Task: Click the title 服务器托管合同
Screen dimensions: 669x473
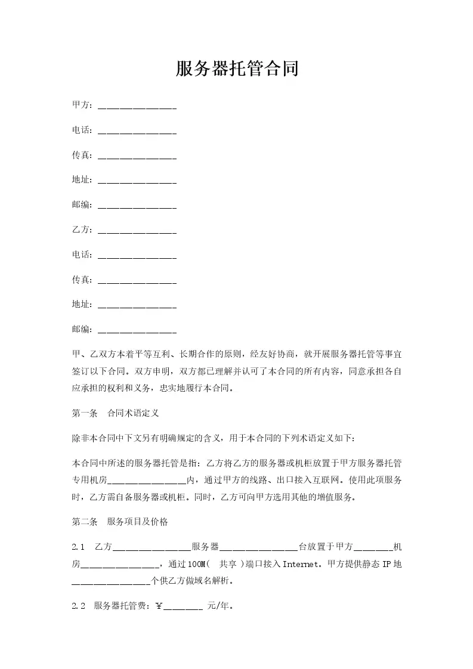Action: [237, 70]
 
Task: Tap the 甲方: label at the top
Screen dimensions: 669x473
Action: [82, 106]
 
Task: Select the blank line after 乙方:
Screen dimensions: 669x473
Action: [137, 230]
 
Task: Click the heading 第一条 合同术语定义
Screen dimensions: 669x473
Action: [115, 413]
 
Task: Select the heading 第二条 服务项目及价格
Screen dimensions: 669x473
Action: [120, 522]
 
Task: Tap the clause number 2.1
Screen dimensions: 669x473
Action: [78, 547]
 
